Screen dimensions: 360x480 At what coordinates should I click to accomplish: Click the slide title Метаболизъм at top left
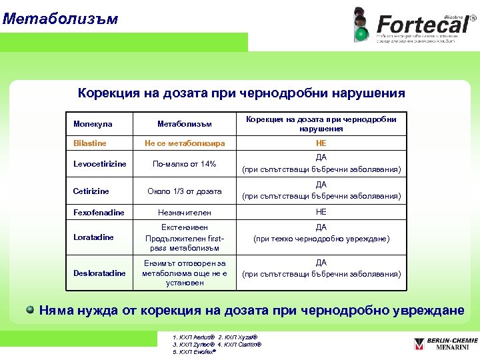(60, 18)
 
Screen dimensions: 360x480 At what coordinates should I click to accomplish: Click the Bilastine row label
(89, 143)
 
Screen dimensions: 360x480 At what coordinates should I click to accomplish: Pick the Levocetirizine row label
(99, 164)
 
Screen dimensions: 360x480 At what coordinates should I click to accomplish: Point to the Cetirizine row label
(91, 191)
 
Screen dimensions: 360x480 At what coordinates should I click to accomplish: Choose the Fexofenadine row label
(98, 213)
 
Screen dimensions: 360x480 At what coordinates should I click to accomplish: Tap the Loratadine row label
(93, 237)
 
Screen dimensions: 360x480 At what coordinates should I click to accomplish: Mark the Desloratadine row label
(99, 273)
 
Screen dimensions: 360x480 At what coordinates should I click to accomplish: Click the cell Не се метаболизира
(184, 143)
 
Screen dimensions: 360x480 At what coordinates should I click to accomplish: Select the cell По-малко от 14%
(184, 164)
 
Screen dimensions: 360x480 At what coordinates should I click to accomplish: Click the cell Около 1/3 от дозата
(184, 191)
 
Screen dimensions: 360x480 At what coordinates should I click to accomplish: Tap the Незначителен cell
(184, 213)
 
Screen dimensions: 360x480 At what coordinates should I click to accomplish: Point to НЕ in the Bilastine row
(321, 143)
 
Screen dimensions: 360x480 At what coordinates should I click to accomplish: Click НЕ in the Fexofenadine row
(321, 212)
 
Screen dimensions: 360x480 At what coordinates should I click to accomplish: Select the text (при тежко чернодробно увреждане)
(321, 239)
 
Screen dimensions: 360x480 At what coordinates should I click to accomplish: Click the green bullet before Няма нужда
(30, 309)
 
